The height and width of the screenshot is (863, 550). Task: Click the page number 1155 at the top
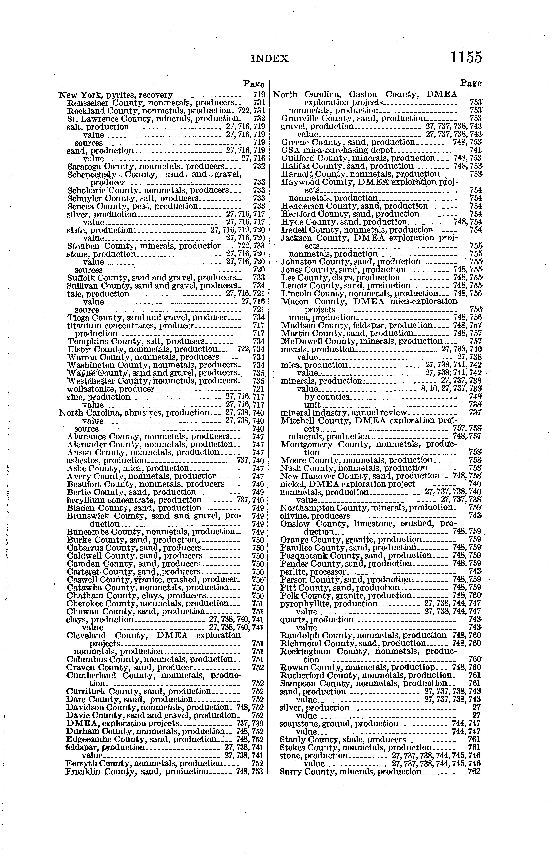pos(466,57)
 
